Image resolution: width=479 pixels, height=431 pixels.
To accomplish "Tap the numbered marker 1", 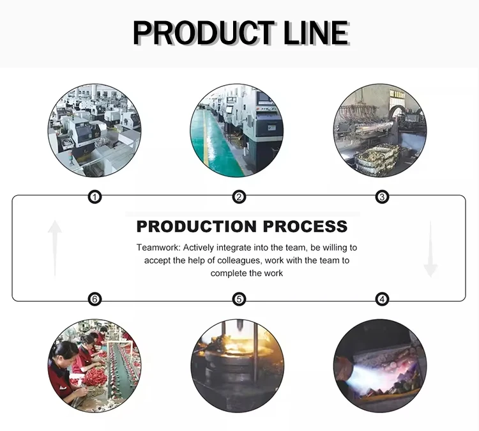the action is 95,197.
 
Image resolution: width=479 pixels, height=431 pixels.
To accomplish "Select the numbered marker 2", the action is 239,197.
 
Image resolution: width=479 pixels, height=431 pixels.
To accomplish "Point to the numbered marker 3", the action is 382,197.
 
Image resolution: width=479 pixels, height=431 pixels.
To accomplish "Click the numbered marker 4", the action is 382,299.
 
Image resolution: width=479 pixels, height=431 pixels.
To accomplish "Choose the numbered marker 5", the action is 239,299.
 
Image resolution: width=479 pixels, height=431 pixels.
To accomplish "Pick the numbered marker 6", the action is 95,299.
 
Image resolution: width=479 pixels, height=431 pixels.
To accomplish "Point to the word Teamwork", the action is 158,247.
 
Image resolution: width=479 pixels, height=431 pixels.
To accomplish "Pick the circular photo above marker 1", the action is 95,130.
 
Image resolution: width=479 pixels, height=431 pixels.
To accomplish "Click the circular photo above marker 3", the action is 380,130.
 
